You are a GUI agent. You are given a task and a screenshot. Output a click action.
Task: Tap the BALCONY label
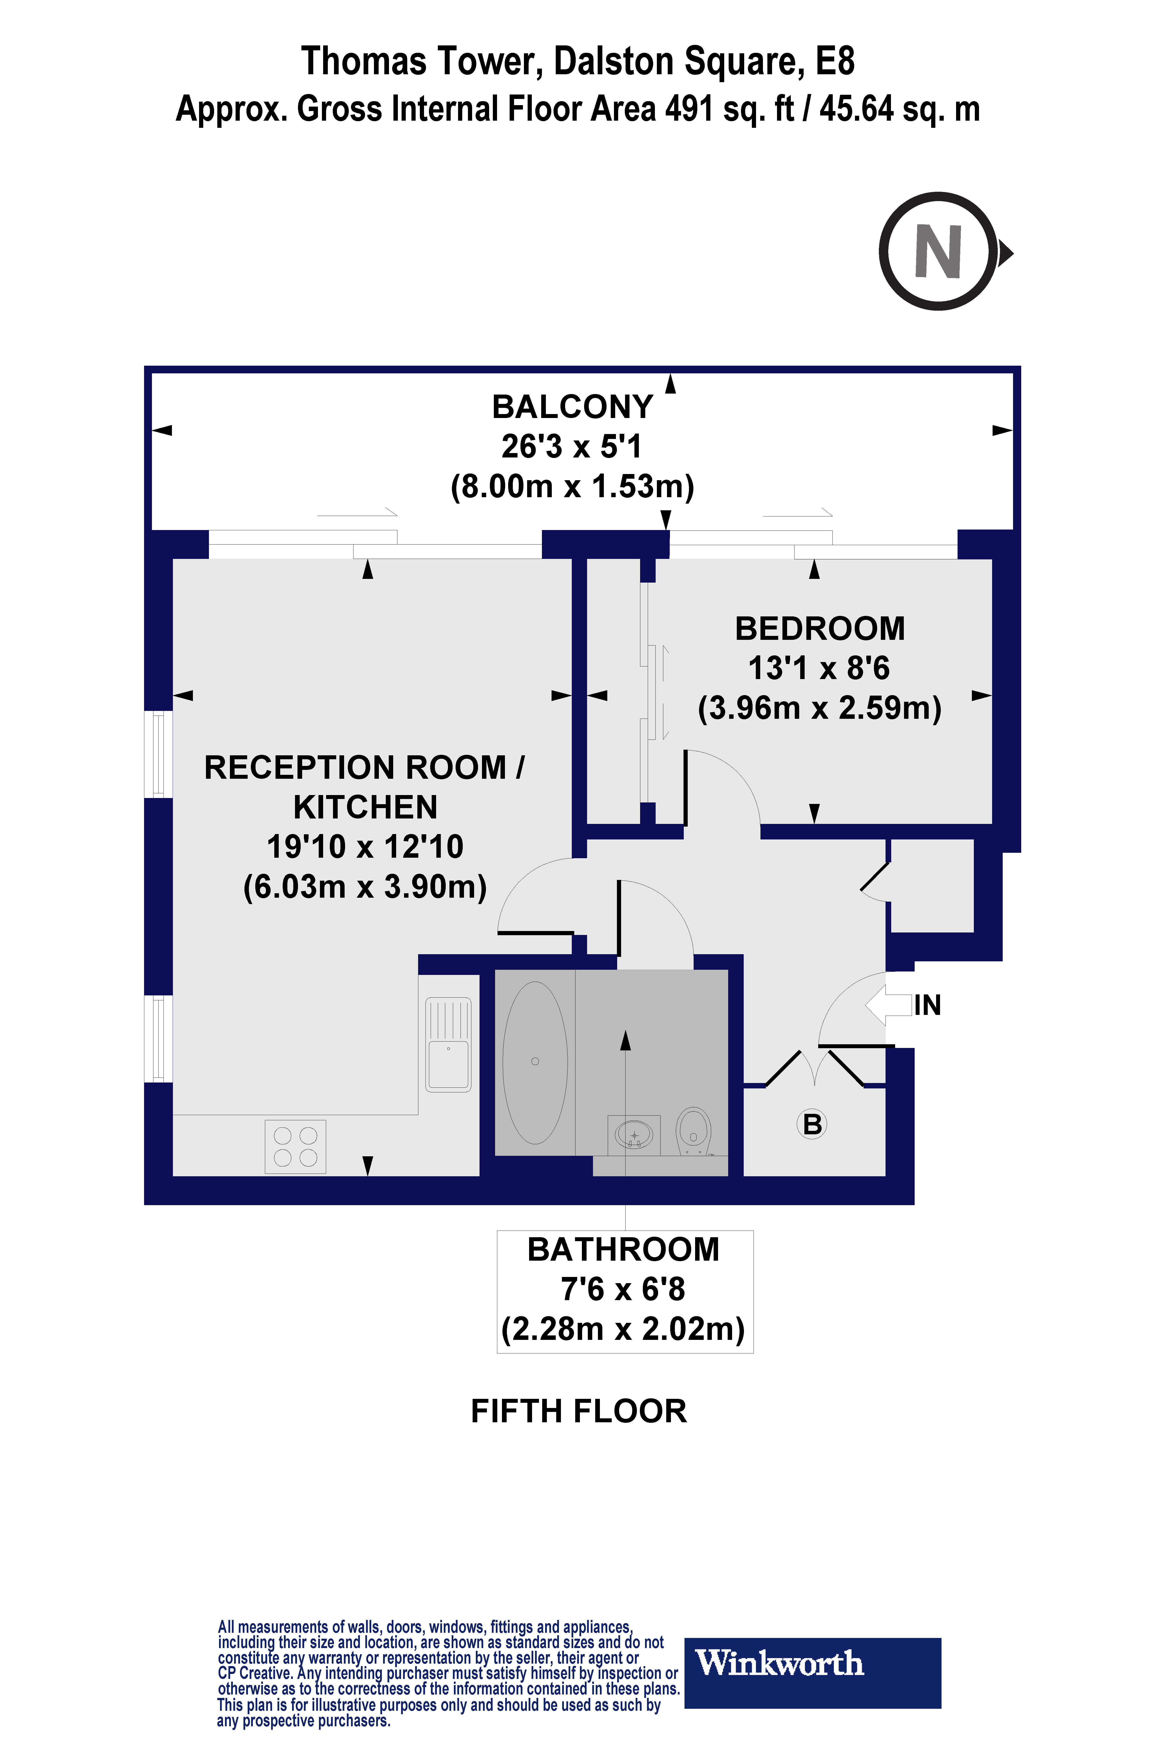pyautogui.click(x=572, y=407)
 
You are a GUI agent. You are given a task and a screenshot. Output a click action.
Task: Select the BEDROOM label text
pyautogui.click(x=819, y=629)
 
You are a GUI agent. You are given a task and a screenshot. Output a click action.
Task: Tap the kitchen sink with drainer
pyautogui.click(x=448, y=1044)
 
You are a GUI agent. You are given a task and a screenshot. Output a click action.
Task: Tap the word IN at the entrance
pyautogui.click(x=927, y=1006)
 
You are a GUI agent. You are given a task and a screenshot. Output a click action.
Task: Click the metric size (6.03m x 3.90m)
pyautogui.click(x=365, y=887)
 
